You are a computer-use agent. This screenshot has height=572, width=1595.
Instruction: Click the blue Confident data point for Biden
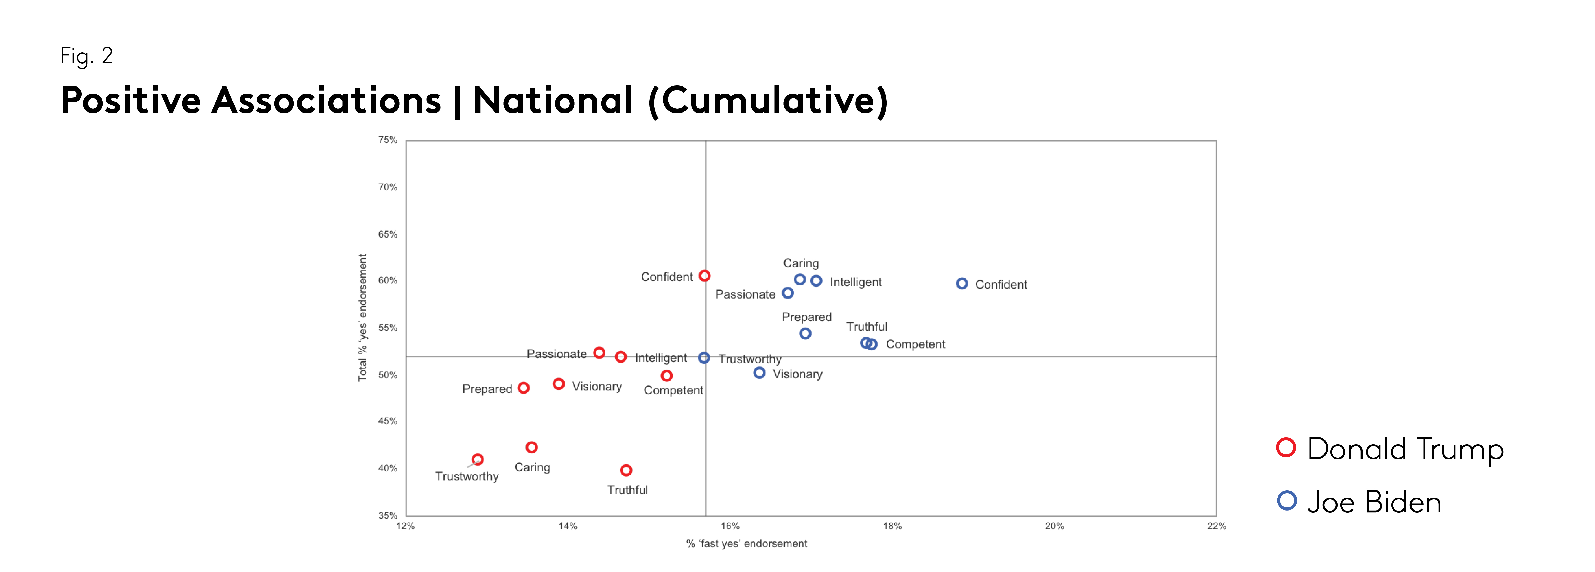pos(962,283)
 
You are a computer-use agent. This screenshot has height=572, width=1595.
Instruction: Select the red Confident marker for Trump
pos(705,276)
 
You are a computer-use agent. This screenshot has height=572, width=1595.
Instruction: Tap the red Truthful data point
pos(626,470)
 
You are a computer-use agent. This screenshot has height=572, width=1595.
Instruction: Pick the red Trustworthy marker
pos(477,459)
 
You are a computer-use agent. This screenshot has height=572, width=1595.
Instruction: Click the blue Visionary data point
pos(759,373)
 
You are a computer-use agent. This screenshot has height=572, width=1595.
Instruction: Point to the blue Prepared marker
pos(805,334)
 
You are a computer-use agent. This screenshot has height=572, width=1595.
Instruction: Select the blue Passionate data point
pos(788,293)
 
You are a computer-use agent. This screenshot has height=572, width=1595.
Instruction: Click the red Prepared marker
pos(523,388)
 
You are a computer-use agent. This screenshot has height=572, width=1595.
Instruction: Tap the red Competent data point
pos(666,376)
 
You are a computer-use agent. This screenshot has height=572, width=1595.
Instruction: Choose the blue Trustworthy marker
pos(704,358)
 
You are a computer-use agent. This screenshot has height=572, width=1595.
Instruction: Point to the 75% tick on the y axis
pos(388,140)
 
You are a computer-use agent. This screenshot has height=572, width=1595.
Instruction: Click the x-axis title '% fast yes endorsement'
pos(746,543)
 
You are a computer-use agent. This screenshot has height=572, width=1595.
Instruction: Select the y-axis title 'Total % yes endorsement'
pos(363,318)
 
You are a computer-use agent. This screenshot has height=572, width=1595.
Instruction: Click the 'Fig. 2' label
pos(86,56)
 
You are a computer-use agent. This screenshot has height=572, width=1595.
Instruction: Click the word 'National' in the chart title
pos(552,100)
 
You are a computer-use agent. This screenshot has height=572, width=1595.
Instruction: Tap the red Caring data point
pos(531,447)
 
